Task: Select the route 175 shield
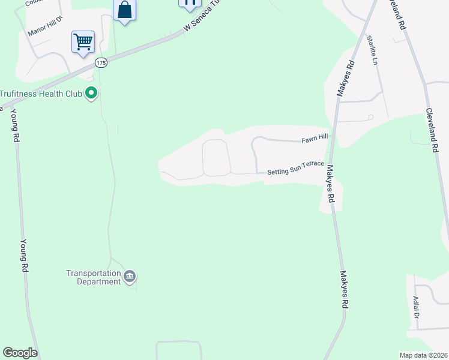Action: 100,63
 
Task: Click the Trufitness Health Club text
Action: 41,94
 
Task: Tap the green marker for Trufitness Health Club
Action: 91,93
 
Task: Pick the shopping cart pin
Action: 83,42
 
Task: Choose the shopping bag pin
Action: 124,10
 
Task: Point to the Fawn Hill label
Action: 315,138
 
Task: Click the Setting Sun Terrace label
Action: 295,167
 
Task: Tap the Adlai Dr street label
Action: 415,306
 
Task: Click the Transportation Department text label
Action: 93,277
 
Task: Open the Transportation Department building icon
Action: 130,277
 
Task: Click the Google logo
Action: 20,353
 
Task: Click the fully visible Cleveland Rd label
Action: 431,131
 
